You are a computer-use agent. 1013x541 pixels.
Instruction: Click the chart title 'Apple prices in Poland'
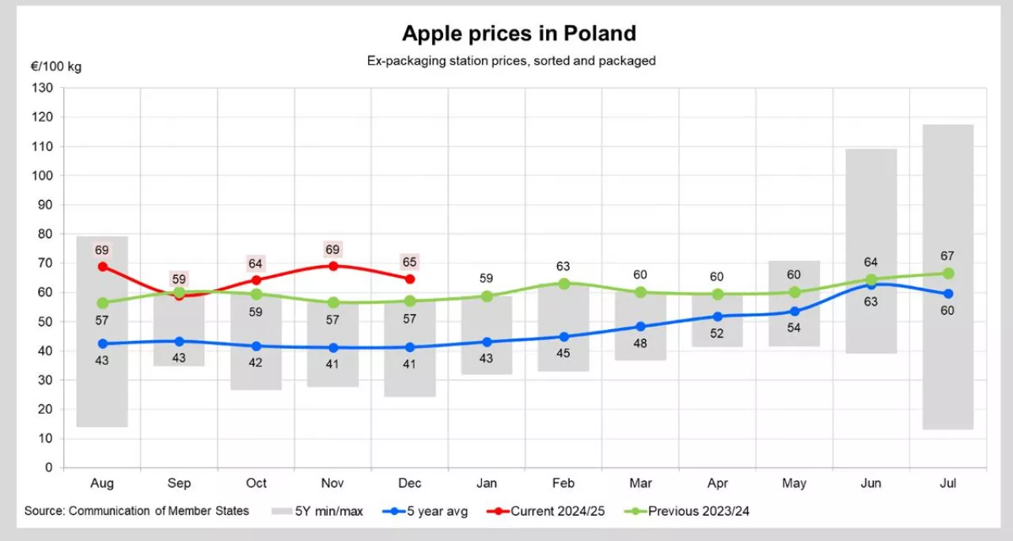pyautogui.click(x=518, y=33)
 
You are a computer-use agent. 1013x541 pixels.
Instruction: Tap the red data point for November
pyautogui.click(x=333, y=266)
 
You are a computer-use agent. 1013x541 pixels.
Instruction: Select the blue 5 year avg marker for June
pyautogui.click(x=871, y=285)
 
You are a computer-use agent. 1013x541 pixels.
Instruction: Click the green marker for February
pyautogui.click(x=563, y=283)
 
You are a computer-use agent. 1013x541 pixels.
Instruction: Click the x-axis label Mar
pyautogui.click(x=640, y=483)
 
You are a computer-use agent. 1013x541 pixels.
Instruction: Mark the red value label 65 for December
pyautogui.click(x=409, y=262)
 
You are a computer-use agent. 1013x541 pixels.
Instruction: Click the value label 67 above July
pyautogui.click(x=947, y=255)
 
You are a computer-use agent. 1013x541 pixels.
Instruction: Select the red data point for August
pyautogui.click(x=103, y=267)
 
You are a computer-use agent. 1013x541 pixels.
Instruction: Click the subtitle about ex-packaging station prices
pyautogui.click(x=511, y=60)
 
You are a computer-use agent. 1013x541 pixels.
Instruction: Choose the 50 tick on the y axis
pyautogui.click(x=45, y=322)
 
